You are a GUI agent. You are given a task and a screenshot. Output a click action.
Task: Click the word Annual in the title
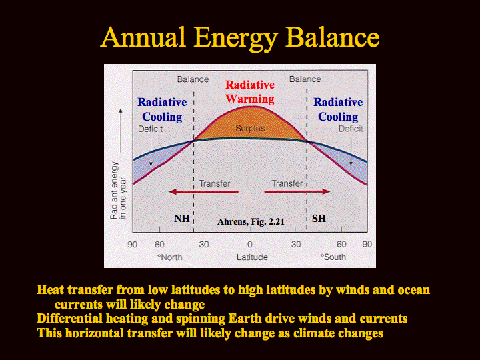coord(143,37)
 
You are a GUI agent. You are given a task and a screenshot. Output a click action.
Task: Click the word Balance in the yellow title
coord(333,37)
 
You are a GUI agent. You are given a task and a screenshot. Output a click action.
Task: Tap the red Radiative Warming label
coord(250,92)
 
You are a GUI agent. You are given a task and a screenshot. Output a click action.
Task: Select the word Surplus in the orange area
coord(250,128)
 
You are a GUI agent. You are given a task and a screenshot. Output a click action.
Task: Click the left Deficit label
coord(150,129)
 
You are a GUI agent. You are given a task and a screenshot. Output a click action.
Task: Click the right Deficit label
coord(351,129)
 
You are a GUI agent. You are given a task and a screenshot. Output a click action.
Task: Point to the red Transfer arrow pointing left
coord(203,192)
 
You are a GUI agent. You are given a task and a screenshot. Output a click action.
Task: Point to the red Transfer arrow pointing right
coord(297,192)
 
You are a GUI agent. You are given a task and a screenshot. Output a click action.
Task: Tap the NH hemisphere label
coord(182,219)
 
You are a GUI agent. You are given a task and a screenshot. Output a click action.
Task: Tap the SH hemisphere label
coord(319,219)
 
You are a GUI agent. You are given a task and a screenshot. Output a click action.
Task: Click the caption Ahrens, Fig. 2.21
coord(251,221)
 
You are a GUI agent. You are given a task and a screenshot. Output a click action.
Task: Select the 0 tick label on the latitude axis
coord(250,244)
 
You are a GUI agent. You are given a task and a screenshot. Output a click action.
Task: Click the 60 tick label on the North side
coord(159,244)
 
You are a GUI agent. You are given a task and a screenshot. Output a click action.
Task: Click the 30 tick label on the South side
coord(296,244)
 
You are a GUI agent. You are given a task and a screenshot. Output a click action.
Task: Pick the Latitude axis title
coord(252,257)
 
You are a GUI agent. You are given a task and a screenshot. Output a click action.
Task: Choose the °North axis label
coord(169,257)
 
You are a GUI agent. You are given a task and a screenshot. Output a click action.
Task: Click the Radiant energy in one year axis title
coord(118,191)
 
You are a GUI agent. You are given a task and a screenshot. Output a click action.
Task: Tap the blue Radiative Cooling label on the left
coord(162,109)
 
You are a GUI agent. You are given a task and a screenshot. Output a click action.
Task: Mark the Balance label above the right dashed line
coord(305,79)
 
